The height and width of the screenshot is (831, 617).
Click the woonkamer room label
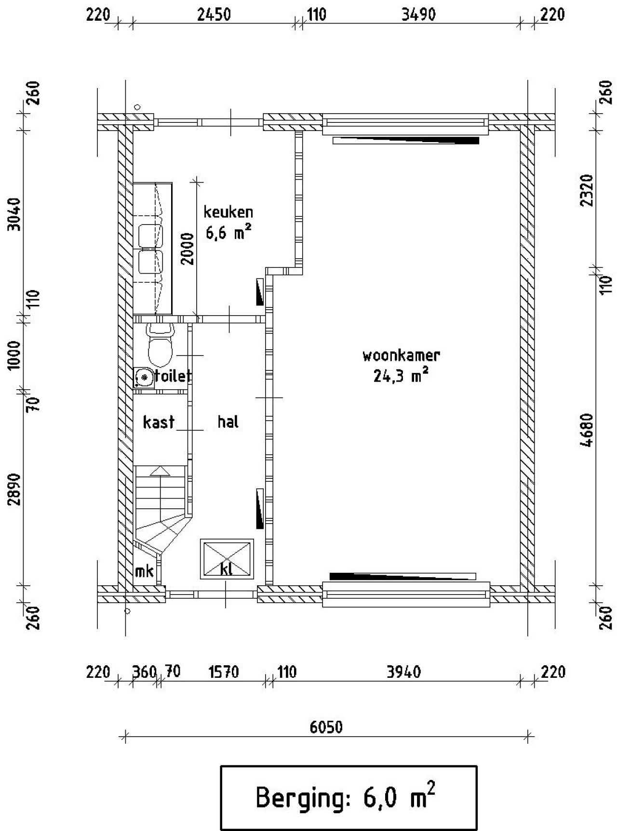point(401,356)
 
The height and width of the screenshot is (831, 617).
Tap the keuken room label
point(228,212)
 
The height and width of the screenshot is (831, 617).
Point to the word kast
point(159,422)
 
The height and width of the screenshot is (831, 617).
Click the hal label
point(228,422)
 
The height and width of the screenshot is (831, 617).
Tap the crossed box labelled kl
point(227,559)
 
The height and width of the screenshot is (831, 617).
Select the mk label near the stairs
point(144,571)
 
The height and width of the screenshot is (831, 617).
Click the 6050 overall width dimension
point(326,726)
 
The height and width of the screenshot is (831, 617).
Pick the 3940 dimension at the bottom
point(404,672)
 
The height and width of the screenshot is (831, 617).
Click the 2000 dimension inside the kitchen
point(188,249)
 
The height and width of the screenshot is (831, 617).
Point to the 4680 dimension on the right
point(587,430)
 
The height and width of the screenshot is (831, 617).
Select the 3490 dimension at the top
point(418,15)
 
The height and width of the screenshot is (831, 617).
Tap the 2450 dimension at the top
point(214,15)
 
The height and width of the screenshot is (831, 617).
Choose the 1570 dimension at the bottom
point(223,672)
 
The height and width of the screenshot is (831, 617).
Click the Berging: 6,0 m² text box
point(348,797)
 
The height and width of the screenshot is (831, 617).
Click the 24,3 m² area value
point(401,376)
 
